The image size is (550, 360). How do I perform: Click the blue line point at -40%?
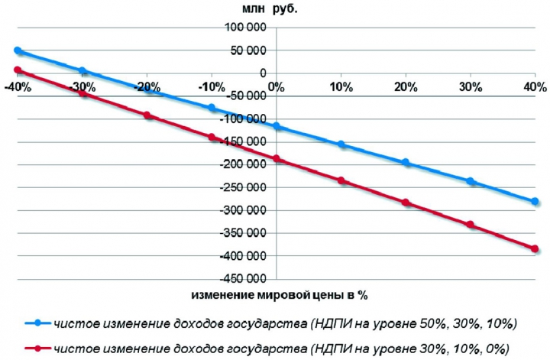[18, 51]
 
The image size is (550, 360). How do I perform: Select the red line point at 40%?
[535, 249]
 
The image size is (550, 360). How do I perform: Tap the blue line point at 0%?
[277, 126]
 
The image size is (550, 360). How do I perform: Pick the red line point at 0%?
[277, 159]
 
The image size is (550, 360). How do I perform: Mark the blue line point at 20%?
[406, 163]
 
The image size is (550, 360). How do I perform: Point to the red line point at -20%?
[147, 115]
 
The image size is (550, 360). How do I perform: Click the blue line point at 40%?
[535, 202]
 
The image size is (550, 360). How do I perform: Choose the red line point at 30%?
[470, 225]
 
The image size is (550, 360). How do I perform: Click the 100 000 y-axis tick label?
[245, 28]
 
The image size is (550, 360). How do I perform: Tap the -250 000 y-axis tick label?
[243, 187]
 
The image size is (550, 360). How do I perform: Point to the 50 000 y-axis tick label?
[247, 50]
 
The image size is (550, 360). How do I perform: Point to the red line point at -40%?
[18, 70]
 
